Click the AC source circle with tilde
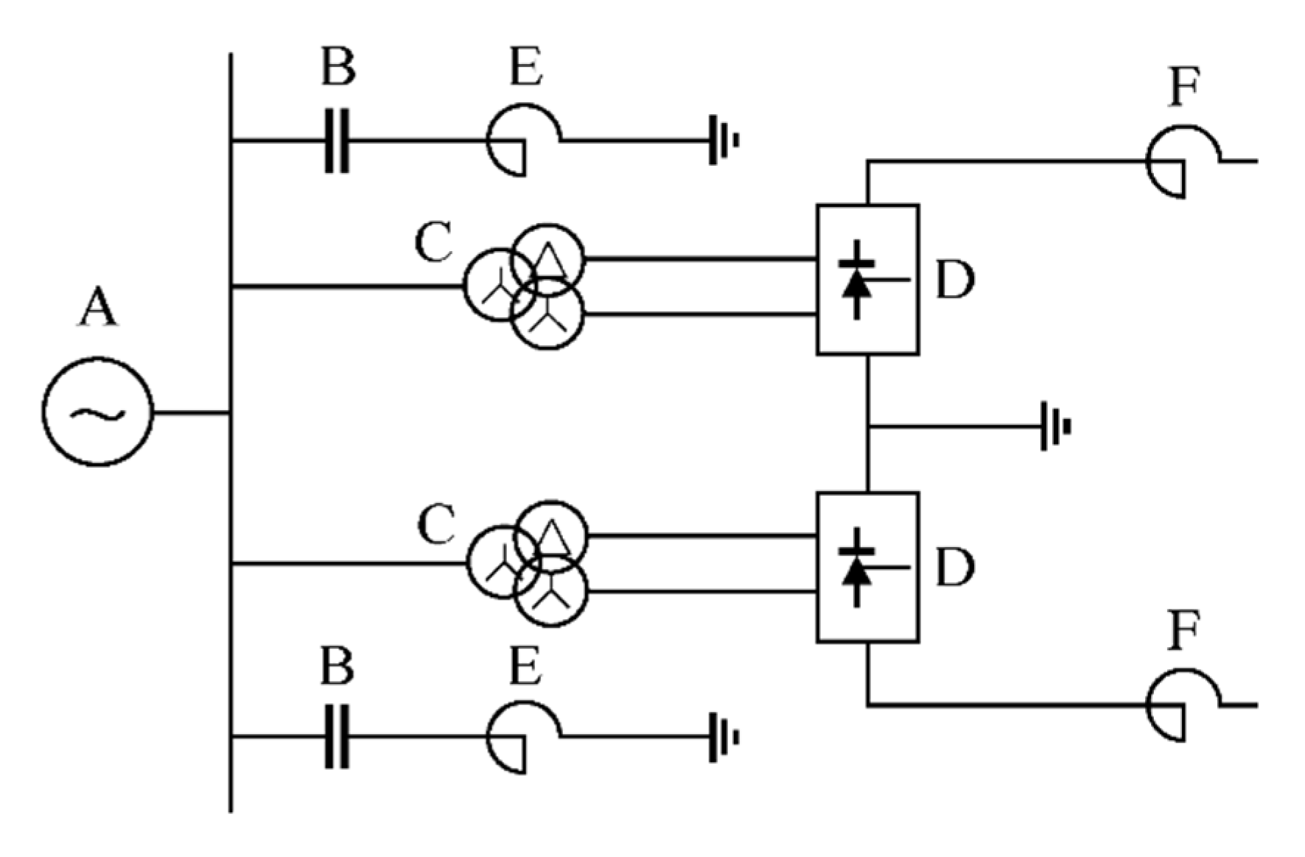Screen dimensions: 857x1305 tap(97, 412)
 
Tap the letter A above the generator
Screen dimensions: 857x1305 tap(98, 308)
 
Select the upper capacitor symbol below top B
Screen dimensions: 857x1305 tap(337, 141)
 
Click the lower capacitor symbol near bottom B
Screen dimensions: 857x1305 tap(337, 736)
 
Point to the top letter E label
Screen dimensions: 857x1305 tap(526, 70)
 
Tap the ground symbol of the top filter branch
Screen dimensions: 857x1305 tap(723, 140)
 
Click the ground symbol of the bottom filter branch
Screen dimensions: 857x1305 tap(723, 736)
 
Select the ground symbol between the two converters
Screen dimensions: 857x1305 tap(1054, 426)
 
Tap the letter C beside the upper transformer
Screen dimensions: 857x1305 tap(434, 244)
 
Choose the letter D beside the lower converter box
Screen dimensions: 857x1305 tap(954, 567)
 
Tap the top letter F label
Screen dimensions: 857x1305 tap(1184, 88)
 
